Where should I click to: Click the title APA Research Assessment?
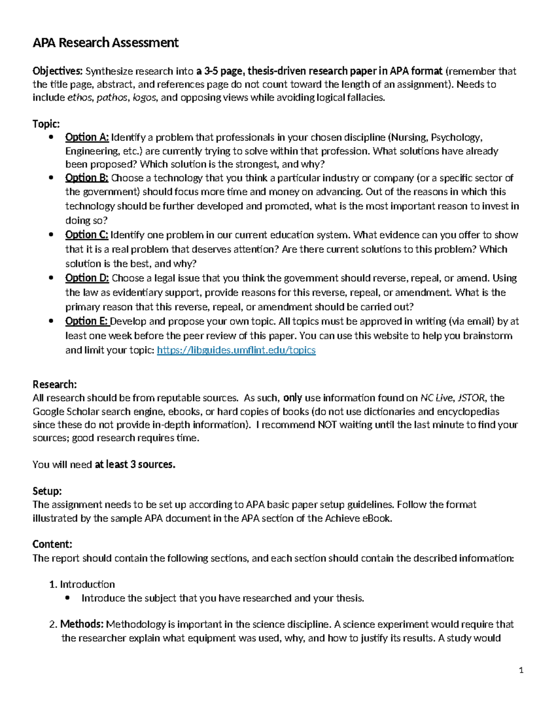tap(105, 43)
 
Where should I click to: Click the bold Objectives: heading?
tap(57, 71)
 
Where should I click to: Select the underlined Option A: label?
tap(87, 137)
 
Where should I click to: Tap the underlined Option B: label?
tap(87, 178)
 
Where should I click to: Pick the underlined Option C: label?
tap(87, 235)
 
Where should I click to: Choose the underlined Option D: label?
tap(87, 278)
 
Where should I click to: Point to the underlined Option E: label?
tap(87, 321)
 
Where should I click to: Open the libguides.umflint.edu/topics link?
tap(236, 350)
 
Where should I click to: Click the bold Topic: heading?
tap(46, 124)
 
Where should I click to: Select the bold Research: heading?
tap(54, 384)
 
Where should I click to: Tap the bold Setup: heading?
tap(47, 491)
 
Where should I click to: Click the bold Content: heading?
tap(52, 544)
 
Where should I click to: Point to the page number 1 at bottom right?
tap(521, 670)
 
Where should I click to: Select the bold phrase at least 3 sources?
tap(135, 465)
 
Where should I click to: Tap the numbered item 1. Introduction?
tap(82, 584)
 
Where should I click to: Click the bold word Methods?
tap(82, 624)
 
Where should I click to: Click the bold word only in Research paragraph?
tap(292, 398)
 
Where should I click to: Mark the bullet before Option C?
tap(51, 235)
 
